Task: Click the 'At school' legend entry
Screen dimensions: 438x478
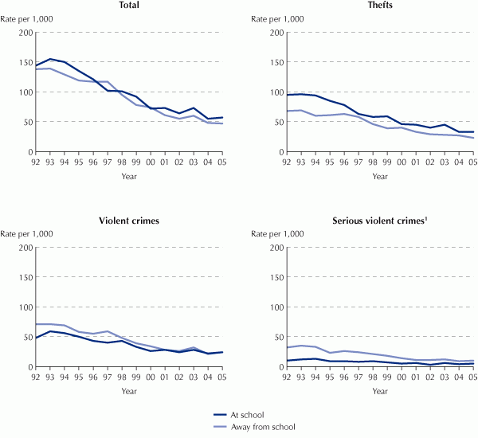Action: (244, 415)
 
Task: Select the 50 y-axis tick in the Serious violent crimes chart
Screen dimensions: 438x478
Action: (276, 337)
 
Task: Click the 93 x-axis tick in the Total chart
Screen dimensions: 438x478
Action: (51, 160)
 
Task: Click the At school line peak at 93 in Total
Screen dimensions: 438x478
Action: (51, 59)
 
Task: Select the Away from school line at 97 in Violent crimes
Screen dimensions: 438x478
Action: (107, 331)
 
